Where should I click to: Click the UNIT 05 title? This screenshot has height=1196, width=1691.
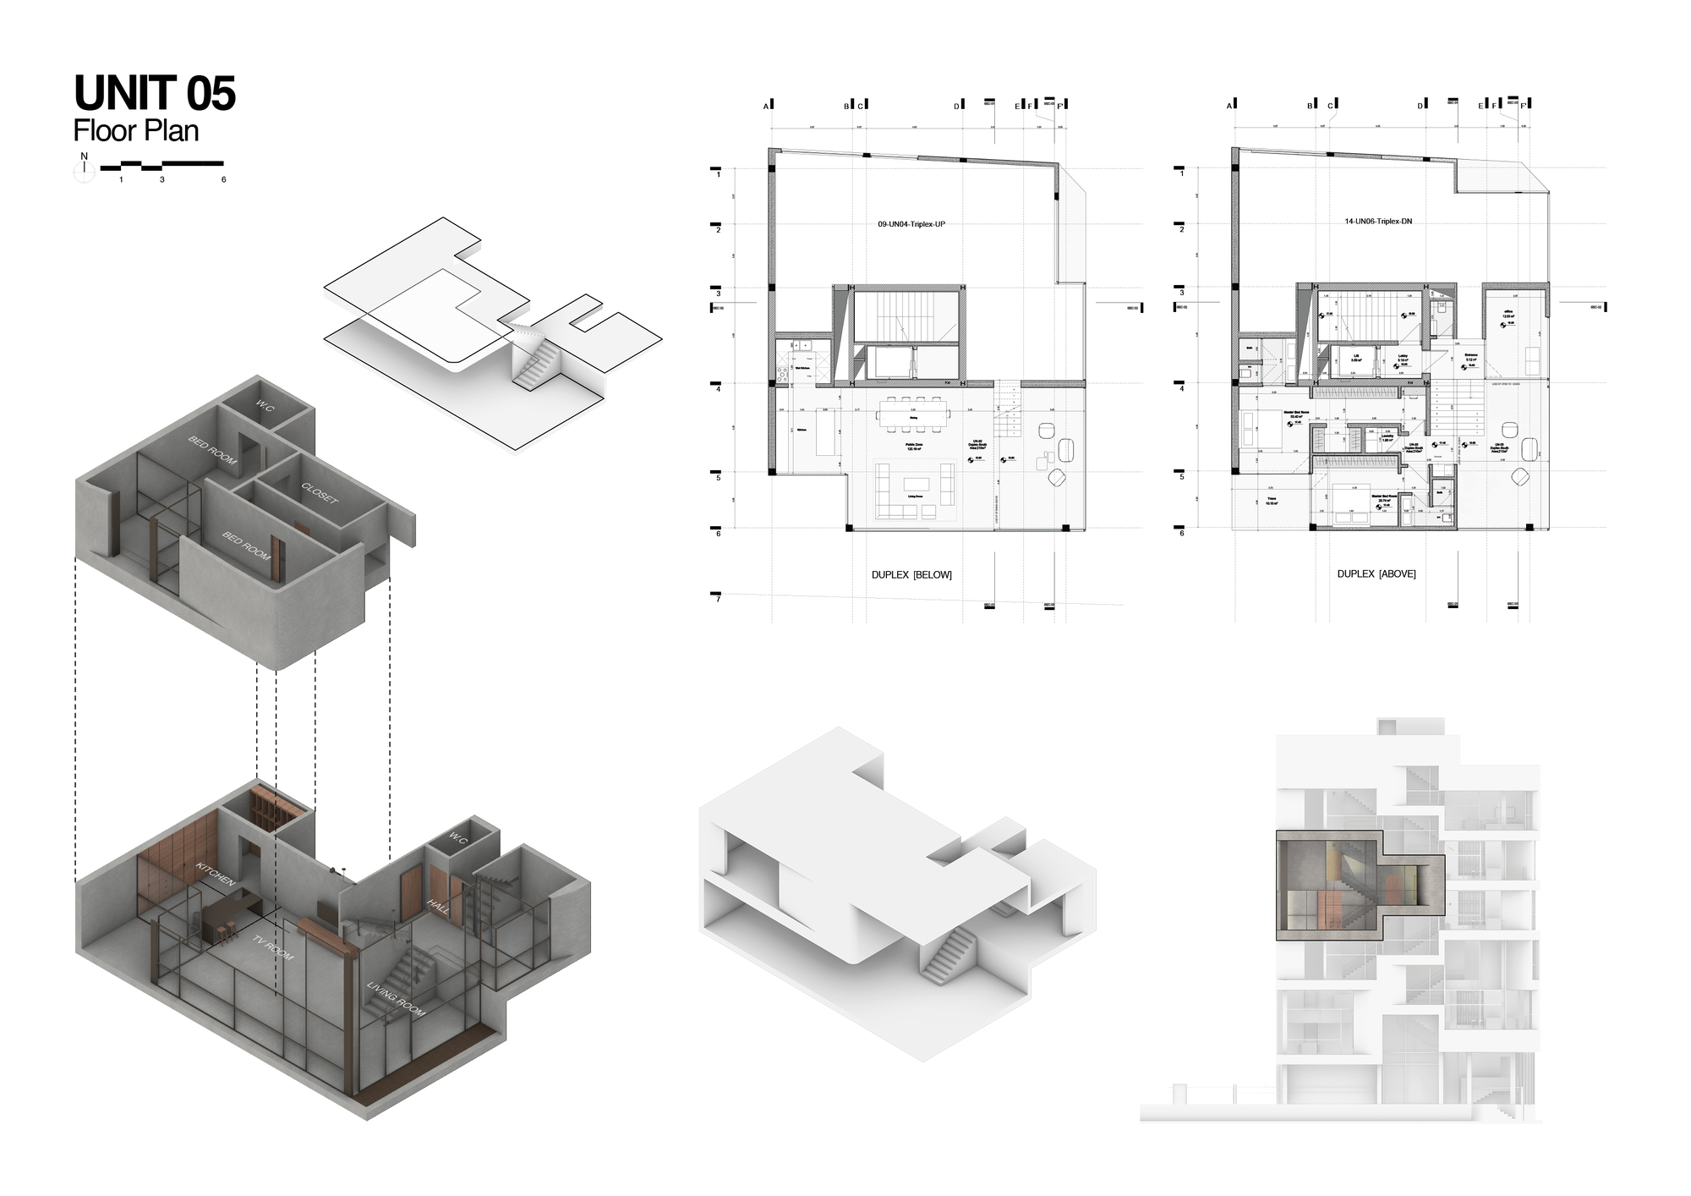click(x=155, y=93)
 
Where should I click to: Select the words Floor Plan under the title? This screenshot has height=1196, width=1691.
click(x=136, y=131)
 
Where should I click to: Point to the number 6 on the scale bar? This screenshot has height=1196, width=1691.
click(x=224, y=179)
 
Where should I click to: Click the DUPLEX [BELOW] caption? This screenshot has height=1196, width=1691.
click(x=911, y=575)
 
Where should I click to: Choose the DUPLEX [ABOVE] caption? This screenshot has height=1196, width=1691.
click(x=1376, y=574)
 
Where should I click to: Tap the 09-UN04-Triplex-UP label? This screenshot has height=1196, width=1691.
click(x=911, y=225)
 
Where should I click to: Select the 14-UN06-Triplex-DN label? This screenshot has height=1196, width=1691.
click(x=1378, y=222)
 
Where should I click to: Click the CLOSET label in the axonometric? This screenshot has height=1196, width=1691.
click(x=320, y=493)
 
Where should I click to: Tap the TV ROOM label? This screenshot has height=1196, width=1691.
click(x=273, y=946)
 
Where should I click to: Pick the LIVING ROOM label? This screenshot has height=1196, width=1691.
click(x=396, y=999)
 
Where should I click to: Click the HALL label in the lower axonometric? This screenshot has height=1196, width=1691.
click(x=438, y=906)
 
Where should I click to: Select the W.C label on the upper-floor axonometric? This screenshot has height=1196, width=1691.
click(x=265, y=408)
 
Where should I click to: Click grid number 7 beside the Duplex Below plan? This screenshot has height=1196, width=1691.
click(x=719, y=600)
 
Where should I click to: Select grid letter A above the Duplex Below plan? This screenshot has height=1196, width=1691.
click(x=766, y=106)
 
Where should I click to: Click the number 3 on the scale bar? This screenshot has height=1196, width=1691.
click(x=161, y=179)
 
